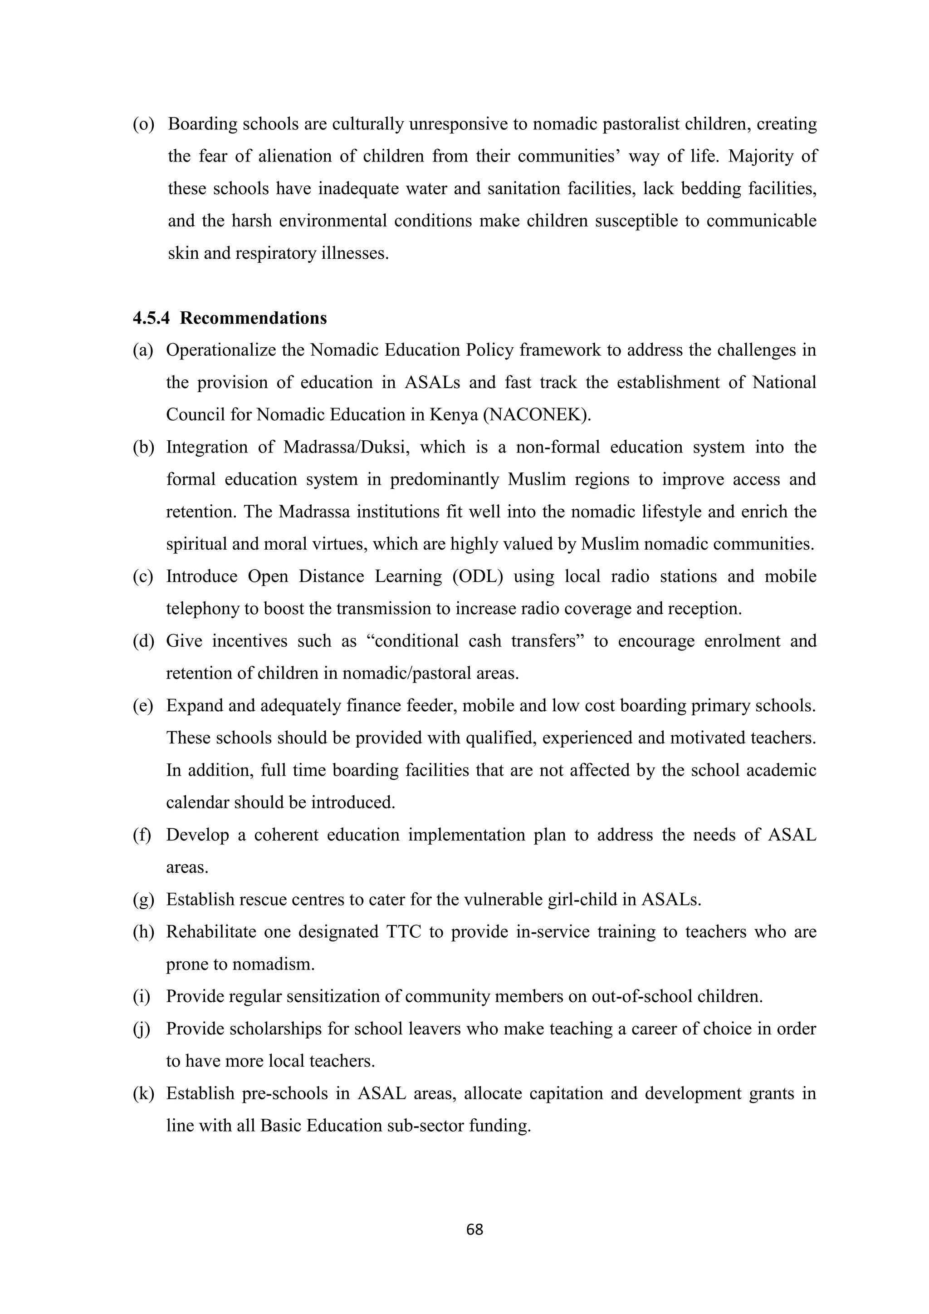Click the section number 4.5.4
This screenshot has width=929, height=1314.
[x=151, y=318]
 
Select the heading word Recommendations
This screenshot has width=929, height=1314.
[x=254, y=318]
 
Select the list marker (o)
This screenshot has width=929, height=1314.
[x=144, y=124]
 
